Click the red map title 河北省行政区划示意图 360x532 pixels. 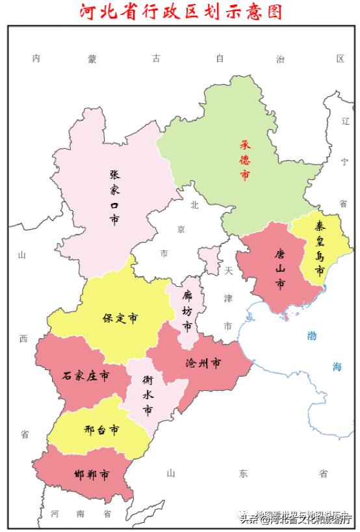click(x=181, y=12)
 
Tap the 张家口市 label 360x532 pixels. click(x=114, y=197)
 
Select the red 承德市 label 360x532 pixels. click(x=245, y=159)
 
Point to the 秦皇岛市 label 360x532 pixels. click(x=320, y=249)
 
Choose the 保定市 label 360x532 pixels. click(x=120, y=319)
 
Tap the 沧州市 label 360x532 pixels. click(x=203, y=362)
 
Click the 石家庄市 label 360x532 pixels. click(x=85, y=376)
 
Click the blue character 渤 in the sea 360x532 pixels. click(x=312, y=336)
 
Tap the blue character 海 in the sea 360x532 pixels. click(x=337, y=367)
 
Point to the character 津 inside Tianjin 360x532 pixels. click(x=227, y=297)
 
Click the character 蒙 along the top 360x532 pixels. click(x=93, y=59)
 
